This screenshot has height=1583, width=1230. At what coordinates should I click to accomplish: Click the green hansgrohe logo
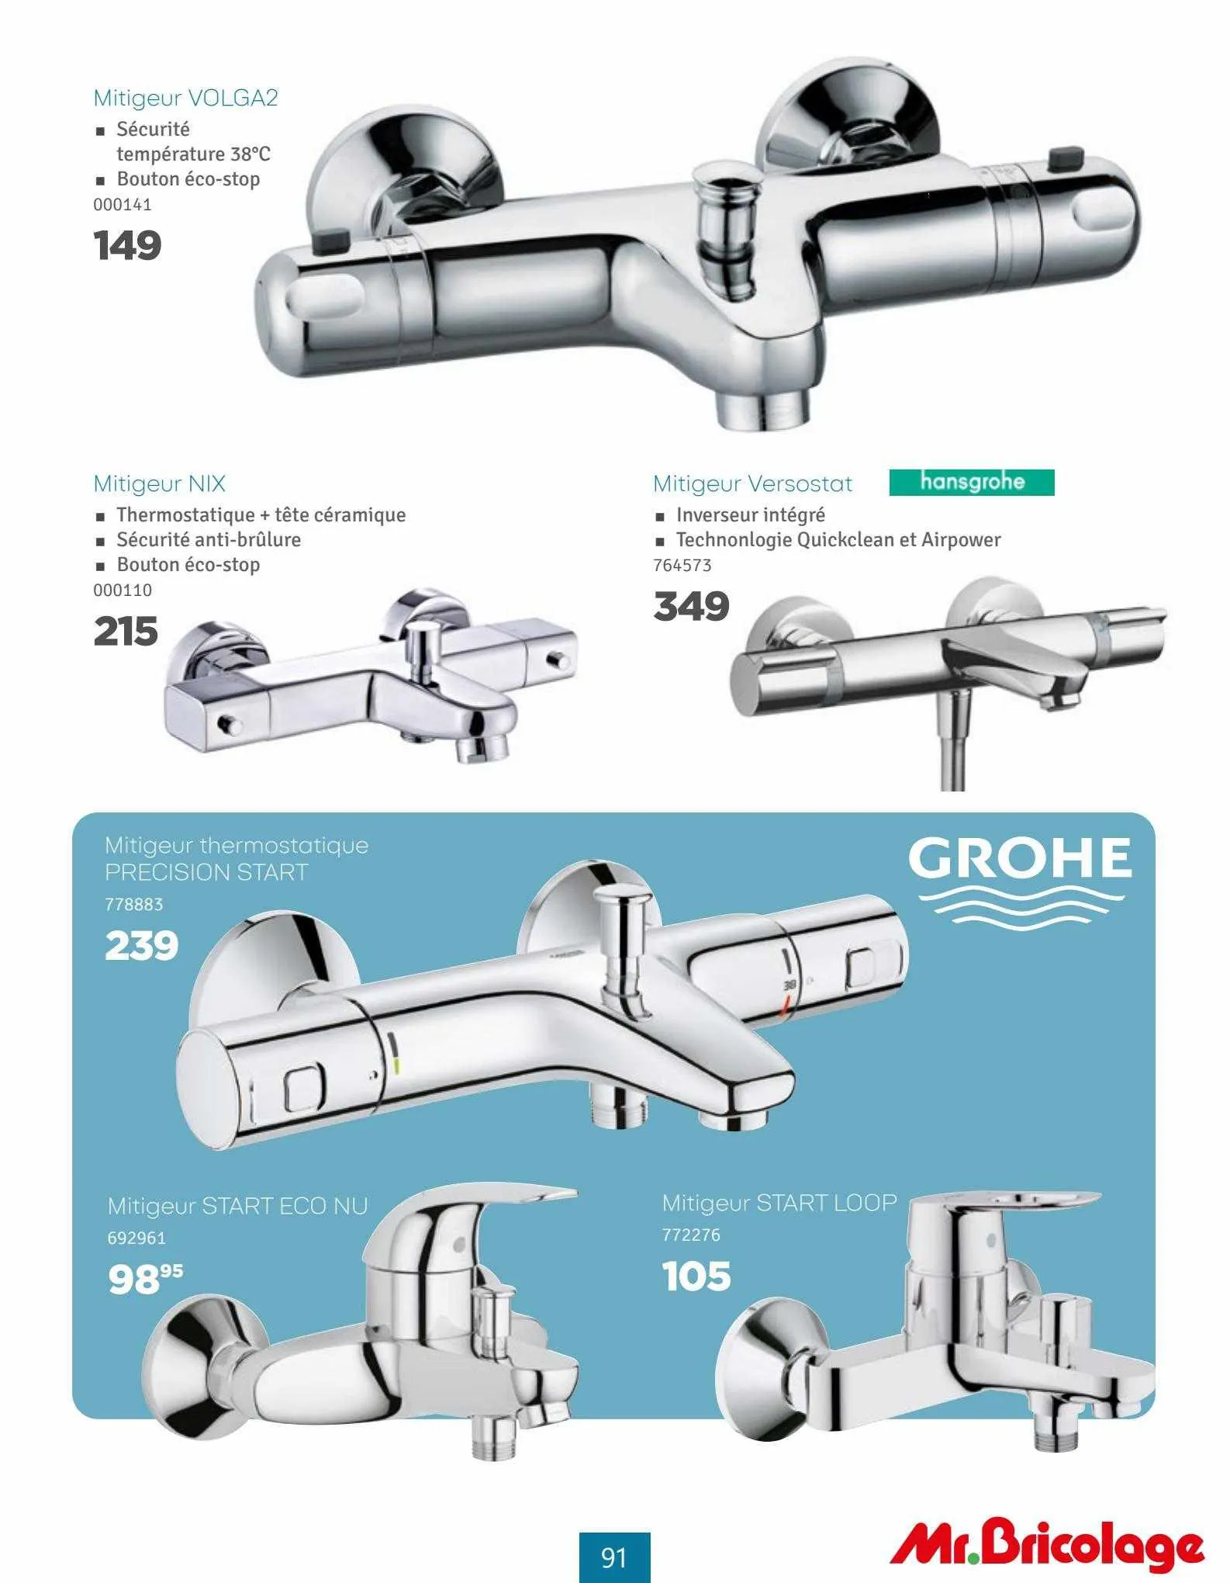(x=972, y=482)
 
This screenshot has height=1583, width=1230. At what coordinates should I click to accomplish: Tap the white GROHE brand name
(x=1019, y=857)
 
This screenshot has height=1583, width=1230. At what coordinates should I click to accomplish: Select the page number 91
(x=614, y=1557)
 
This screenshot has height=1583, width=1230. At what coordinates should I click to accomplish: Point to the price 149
(x=127, y=245)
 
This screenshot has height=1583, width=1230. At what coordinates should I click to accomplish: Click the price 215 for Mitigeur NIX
(x=126, y=631)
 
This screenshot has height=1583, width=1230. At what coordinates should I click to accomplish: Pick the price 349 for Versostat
(x=691, y=606)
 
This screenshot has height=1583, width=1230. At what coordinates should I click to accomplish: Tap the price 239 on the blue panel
(x=142, y=945)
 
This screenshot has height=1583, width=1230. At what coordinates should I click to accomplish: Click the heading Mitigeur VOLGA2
(x=185, y=99)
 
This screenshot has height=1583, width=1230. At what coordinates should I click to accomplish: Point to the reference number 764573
(x=682, y=565)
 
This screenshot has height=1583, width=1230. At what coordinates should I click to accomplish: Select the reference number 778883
(x=134, y=904)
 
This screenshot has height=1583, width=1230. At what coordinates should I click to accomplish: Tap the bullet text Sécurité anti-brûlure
(x=209, y=539)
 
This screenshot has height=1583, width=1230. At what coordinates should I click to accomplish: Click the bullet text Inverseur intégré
(x=750, y=514)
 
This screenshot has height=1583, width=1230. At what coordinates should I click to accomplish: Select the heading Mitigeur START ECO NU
(x=237, y=1206)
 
